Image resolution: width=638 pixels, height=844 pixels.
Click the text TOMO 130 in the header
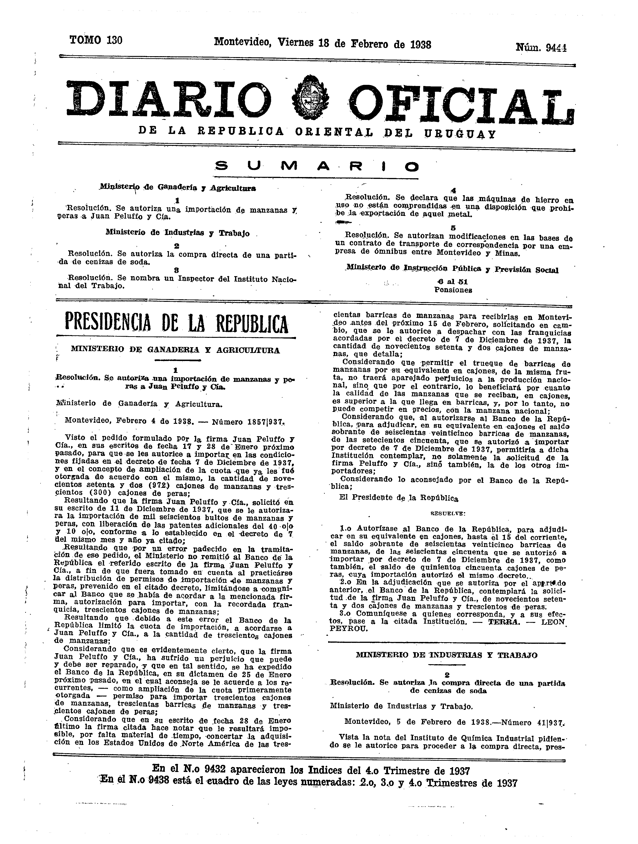[x=96, y=40]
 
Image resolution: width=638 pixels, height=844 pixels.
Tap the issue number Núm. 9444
[x=541, y=47]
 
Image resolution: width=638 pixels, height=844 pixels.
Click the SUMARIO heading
[x=316, y=167]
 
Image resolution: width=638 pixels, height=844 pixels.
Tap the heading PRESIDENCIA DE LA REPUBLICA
[x=176, y=324]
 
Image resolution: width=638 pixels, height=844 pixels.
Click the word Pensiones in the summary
[x=453, y=290]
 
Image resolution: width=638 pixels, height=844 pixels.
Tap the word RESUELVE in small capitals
[x=448, y=514]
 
